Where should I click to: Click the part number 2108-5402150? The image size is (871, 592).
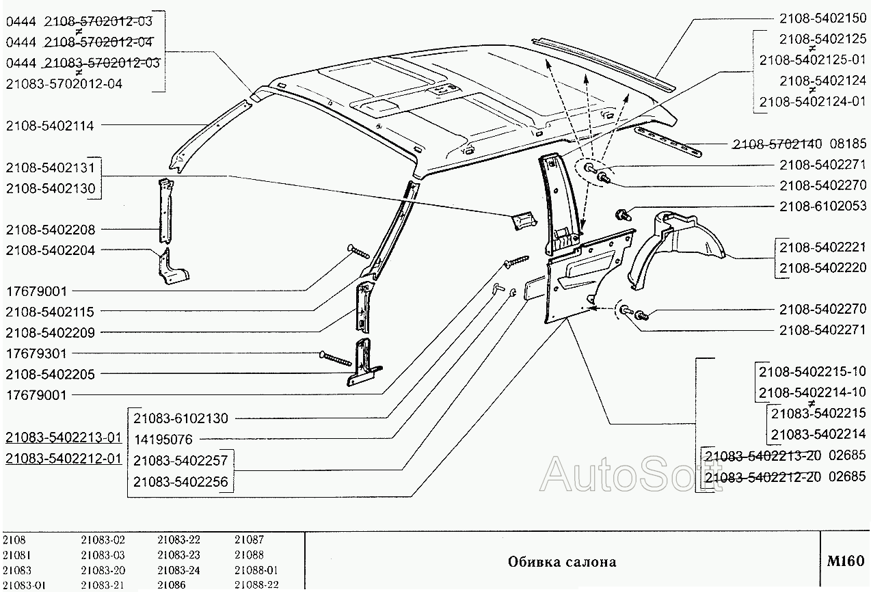(x=822, y=18)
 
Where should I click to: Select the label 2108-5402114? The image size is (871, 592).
(x=49, y=126)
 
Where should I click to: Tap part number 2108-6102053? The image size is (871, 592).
(x=822, y=206)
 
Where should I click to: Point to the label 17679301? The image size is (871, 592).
(x=36, y=353)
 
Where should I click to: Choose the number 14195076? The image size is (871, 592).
(x=163, y=439)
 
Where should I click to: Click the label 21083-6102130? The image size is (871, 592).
(x=180, y=418)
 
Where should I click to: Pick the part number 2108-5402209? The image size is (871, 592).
(x=50, y=332)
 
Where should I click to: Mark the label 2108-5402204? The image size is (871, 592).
(x=50, y=250)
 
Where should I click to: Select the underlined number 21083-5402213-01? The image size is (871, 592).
(x=64, y=437)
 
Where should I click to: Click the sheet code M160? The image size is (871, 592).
(x=845, y=561)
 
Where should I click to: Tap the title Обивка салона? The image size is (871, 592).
(x=561, y=562)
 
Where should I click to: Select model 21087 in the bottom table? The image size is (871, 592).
(x=249, y=540)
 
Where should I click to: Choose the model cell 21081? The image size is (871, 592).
(x=16, y=555)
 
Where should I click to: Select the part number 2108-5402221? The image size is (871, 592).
(x=822, y=247)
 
